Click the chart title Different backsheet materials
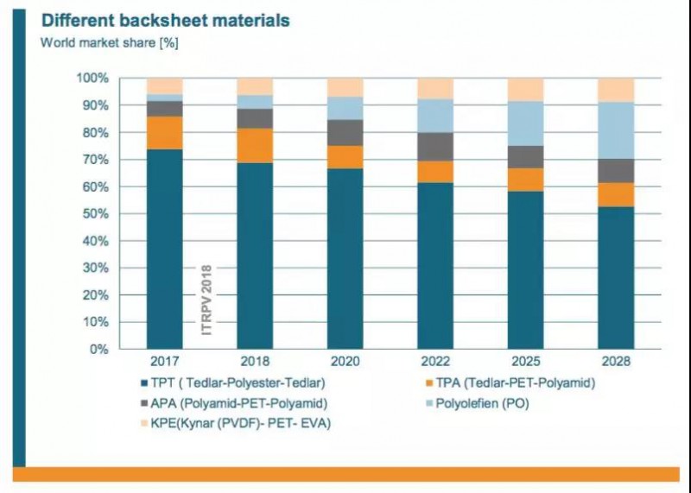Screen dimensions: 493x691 [x=165, y=20]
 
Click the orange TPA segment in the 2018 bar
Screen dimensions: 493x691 [x=255, y=145]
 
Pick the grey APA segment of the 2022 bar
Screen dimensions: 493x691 [x=435, y=147]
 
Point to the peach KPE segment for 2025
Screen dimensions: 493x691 [x=525, y=90]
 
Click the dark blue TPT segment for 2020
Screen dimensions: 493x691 [x=345, y=258]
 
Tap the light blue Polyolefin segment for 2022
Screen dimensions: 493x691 [x=435, y=116]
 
